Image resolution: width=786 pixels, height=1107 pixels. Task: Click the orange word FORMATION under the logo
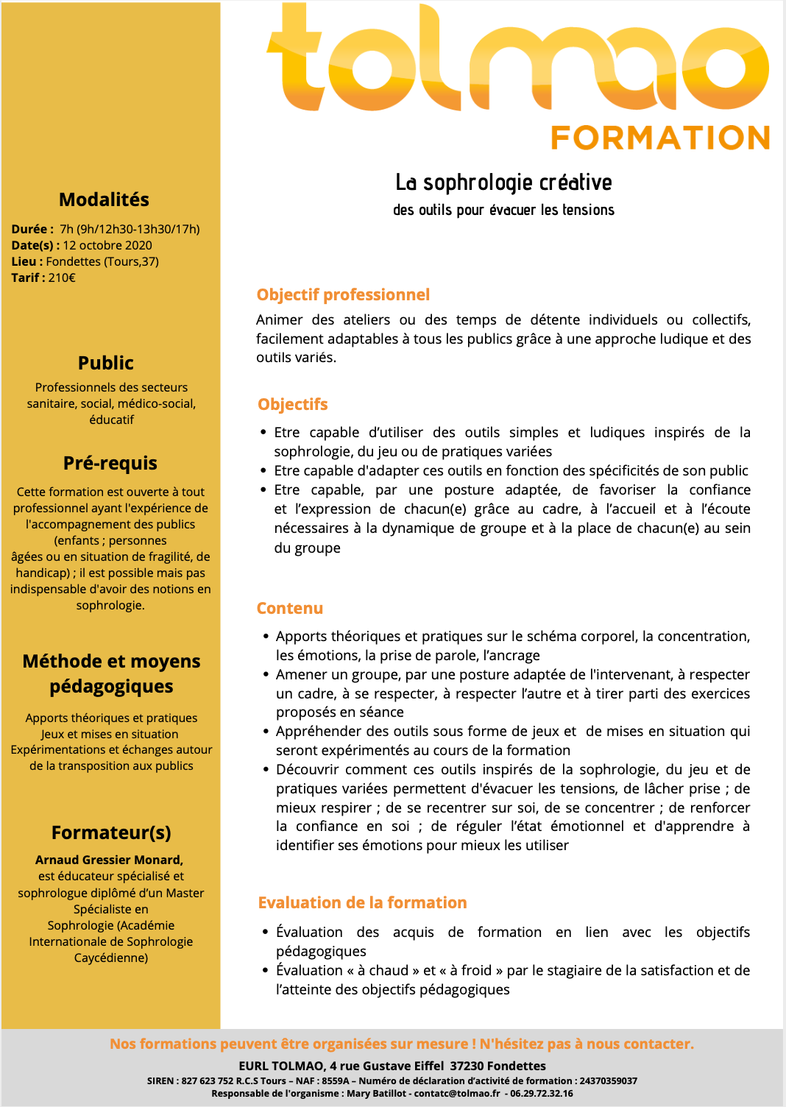pyautogui.click(x=660, y=138)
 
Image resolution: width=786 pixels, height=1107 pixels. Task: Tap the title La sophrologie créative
pyautogui.click(x=503, y=183)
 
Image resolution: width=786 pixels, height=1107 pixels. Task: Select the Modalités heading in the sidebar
pyautogui.click(x=104, y=200)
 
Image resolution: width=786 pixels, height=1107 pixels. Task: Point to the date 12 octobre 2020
pyautogui.click(x=107, y=245)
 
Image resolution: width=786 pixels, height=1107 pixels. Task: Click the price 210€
pyautogui.click(x=62, y=277)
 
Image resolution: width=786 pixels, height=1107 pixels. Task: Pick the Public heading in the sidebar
pyautogui.click(x=106, y=363)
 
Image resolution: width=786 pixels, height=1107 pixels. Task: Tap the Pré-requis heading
pyautogui.click(x=110, y=463)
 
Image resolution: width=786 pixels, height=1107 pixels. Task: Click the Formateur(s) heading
pyautogui.click(x=111, y=832)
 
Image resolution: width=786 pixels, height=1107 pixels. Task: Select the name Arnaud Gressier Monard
pyautogui.click(x=109, y=860)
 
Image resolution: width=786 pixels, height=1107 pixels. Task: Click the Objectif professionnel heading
pyautogui.click(x=343, y=295)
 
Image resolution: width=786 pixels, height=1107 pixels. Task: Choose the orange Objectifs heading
pyautogui.click(x=293, y=405)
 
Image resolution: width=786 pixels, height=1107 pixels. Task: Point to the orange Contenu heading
pyautogui.click(x=290, y=609)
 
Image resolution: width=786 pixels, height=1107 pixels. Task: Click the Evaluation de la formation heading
pyautogui.click(x=362, y=903)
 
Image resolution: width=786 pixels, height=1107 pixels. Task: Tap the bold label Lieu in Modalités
pyautogui.click(x=24, y=261)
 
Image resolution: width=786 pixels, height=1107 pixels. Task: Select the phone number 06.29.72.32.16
pyautogui.click(x=542, y=1094)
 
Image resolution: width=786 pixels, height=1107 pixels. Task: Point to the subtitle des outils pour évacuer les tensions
pyautogui.click(x=503, y=211)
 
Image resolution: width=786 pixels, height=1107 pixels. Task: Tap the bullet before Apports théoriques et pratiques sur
pyautogui.click(x=266, y=637)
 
